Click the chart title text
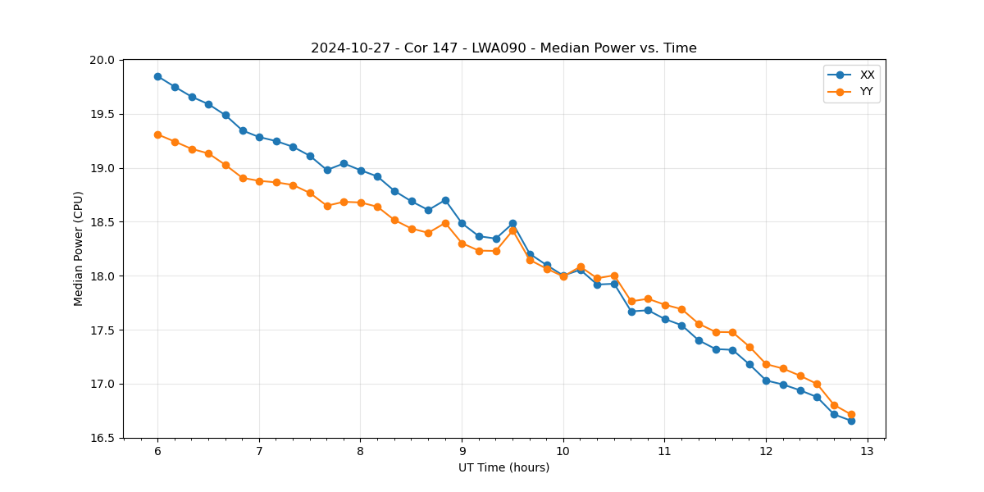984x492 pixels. pyautogui.click(x=503, y=48)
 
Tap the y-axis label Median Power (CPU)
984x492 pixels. pyautogui.click(x=79, y=248)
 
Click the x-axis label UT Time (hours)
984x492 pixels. pyautogui.click(x=503, y=467)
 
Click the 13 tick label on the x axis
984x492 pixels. pyautogui.click(x=868, y=452)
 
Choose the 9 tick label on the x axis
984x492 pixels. pyautogui.click(x=462, y=452)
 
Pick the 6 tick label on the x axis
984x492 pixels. pyautogui.click(x=157, y=452)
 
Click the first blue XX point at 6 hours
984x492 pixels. pyautogui.click(x=157, y=76)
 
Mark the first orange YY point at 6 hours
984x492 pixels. pyautogui.click(x=157, y=134)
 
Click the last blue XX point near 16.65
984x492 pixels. pyautogui.click(x=851, y=421)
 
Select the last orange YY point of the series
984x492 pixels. pyautogui.click(x=851, y=415)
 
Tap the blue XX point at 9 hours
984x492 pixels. pyautogui.click(x=462, y=223)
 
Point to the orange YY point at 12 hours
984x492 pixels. pyautogui.click(x=766, y=364)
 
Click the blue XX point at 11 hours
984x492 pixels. pyautogui.click(x=665, y=319)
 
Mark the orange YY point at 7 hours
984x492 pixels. pyautogui.click(x=259, y=181)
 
